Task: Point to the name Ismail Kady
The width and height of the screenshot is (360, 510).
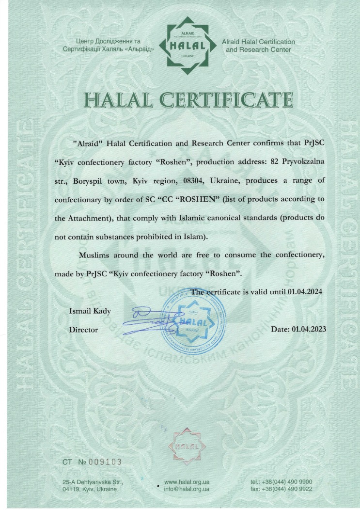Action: point(91,311)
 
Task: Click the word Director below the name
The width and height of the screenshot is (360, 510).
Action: point(84,330)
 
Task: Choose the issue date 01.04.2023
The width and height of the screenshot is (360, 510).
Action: point(309,329)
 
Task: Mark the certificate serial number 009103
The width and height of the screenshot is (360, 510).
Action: point(103,462)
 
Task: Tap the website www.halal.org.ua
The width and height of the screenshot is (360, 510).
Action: point(187,482)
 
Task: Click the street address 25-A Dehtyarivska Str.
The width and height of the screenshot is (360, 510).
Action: point(94,482)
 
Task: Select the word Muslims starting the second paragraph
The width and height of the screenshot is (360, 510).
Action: point(95,255)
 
